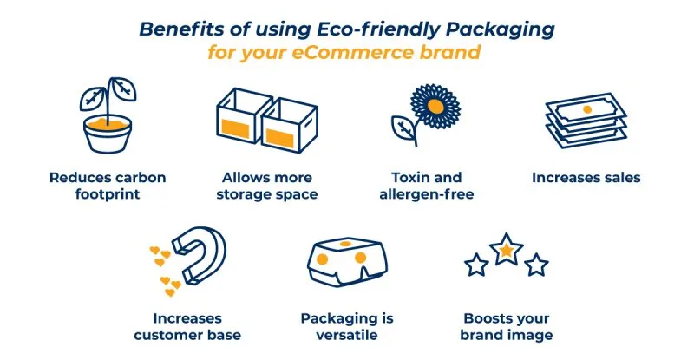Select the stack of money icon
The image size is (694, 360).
(586, 121)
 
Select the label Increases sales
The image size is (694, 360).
(586, 177)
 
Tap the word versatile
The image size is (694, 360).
(343, 335)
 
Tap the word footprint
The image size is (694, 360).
(107, 194)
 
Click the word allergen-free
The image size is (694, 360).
(427, 194)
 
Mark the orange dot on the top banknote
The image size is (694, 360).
(587, 108)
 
